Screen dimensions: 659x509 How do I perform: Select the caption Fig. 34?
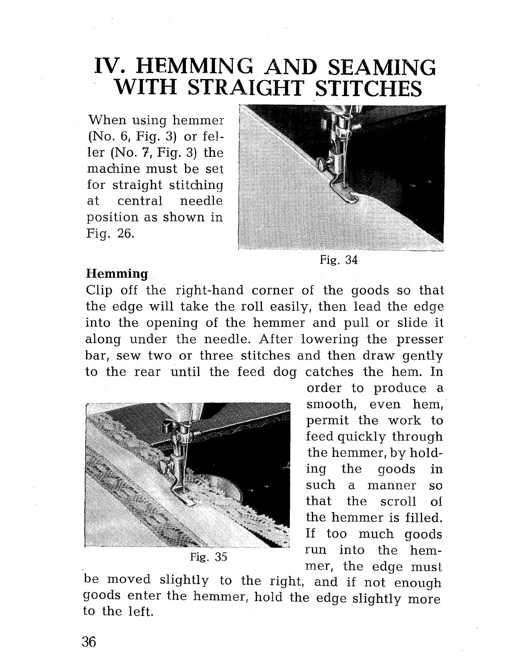tap(339, 260)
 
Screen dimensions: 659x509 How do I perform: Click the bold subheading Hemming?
tap(116, 274)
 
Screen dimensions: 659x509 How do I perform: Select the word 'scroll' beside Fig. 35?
tap(398, 501)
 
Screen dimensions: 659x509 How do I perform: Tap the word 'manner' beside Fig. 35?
tap(392, 485)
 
